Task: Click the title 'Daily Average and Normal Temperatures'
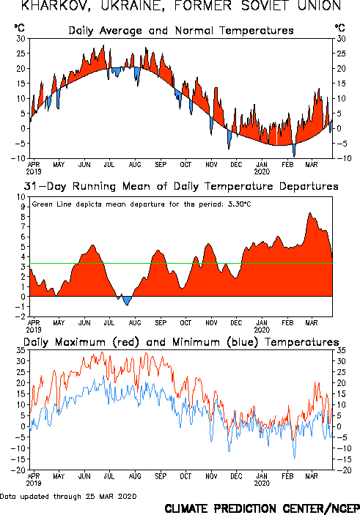181,31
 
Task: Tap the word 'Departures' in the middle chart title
309,186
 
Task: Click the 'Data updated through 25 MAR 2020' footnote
68,496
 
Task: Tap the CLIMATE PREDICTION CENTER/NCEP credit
262,508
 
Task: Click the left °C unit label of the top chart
19,28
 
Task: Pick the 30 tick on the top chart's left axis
21,38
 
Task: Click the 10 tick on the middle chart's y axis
21,197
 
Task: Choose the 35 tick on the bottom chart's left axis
21,350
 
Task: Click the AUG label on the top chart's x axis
135,164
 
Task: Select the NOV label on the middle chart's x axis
211,322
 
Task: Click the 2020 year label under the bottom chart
262,483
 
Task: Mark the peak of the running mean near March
309,213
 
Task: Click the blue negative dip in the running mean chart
127,300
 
